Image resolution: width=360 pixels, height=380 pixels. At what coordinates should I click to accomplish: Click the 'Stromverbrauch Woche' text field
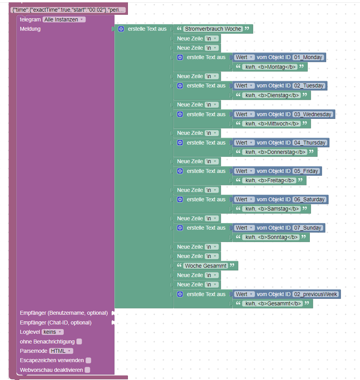point(213,29)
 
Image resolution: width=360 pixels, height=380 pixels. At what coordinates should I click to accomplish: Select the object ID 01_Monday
point(308,58)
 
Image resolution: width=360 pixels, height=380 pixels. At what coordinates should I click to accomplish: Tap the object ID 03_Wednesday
point(313,114)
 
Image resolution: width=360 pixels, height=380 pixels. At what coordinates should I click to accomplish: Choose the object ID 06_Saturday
point(309,199)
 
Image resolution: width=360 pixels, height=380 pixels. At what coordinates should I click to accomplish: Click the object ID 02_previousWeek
point(316,294)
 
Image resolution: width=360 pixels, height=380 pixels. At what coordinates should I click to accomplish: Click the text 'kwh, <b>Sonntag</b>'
point(271,237)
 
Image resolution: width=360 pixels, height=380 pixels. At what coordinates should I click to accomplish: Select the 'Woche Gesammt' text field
point(206,266)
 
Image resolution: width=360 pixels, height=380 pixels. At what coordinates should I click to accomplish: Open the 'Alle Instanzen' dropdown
point(64,19)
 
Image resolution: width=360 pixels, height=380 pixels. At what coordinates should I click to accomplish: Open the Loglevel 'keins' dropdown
point(52,332)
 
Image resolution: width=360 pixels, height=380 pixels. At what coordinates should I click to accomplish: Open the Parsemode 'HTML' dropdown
point(61,351)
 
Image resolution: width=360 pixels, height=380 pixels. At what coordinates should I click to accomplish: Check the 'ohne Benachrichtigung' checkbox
point(79,342)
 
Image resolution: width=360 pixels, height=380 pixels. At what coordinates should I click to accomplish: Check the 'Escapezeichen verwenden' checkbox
point(88,360)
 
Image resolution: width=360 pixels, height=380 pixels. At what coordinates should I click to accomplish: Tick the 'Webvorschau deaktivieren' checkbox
point(87,370)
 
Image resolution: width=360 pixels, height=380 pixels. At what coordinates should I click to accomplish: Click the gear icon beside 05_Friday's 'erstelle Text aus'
point(180,171)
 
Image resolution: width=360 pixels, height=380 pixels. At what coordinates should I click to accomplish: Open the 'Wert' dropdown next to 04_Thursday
point(244,143)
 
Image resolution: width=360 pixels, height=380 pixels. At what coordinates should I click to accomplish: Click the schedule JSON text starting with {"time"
point(68,10)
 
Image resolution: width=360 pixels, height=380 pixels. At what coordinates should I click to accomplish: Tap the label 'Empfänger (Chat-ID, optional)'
point(56,322)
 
